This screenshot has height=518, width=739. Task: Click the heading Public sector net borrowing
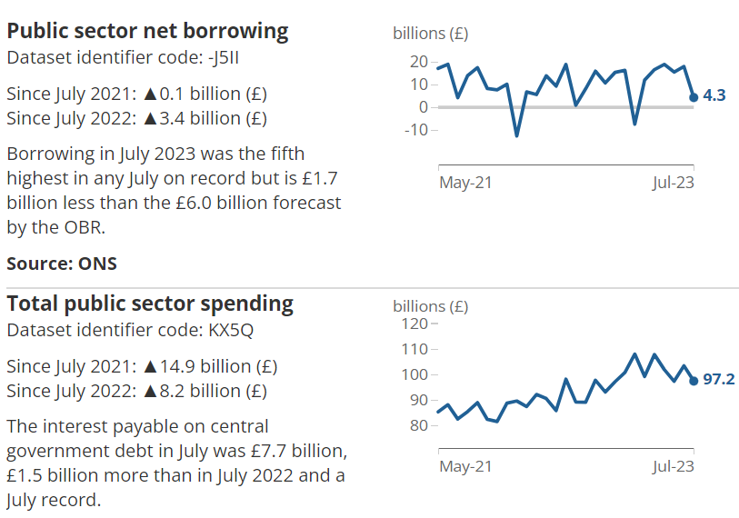[147, 31]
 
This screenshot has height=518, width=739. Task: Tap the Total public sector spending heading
[150, 304]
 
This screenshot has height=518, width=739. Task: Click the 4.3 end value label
[714, 95]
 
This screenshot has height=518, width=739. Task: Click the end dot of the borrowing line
[694, 97]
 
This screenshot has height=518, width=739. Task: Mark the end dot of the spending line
[694, 381]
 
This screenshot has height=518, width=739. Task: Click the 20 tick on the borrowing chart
[418, 62]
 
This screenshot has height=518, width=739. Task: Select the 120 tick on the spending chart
[414, 324]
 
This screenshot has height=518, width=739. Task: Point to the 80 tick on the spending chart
[418, 425]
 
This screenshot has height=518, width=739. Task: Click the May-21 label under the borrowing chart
[465, 183]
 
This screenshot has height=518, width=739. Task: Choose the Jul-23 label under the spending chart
[673, 466]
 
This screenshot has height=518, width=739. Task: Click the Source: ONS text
[62, 264]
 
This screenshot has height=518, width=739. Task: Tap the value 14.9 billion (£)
[219, 367]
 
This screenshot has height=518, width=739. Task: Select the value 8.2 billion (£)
[214, 392]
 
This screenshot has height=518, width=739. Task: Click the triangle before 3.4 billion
[151, 118]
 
